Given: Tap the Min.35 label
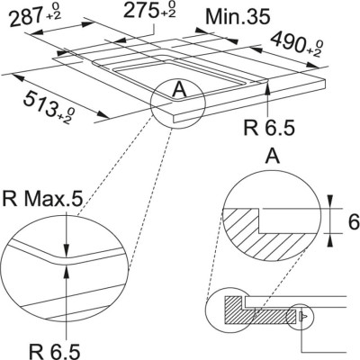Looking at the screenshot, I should (x=237, y=16).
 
